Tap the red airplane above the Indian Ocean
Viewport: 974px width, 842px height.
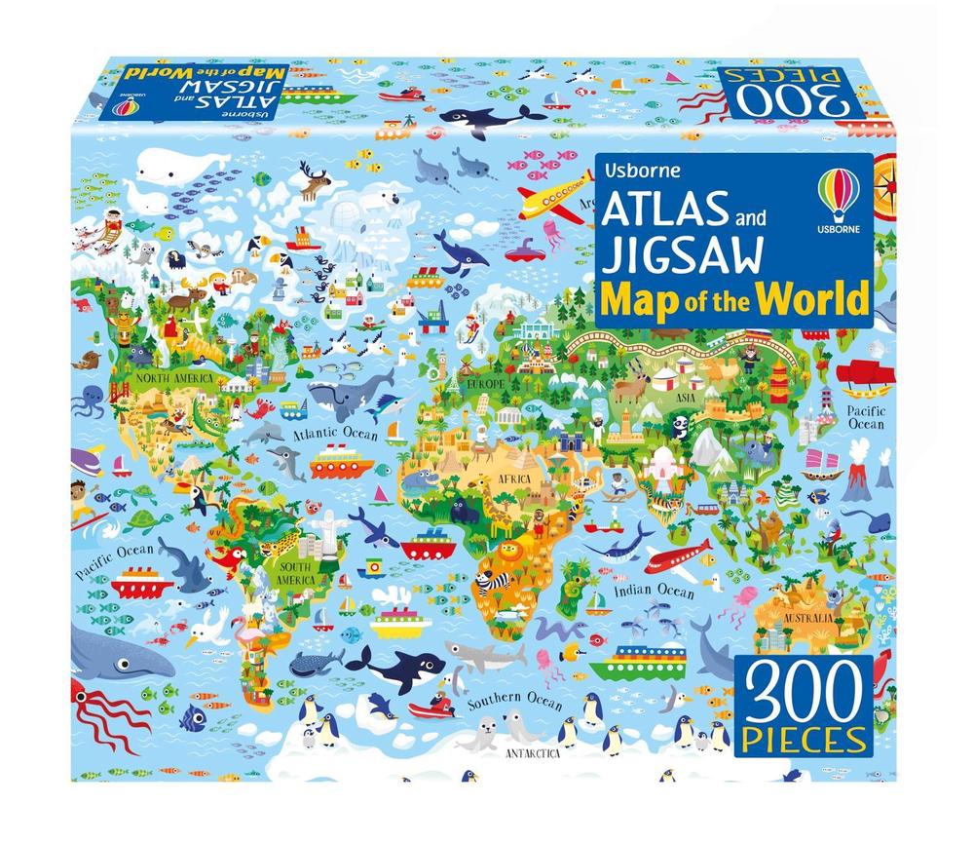coord(677,560)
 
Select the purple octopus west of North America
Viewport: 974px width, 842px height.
coord(94,399)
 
